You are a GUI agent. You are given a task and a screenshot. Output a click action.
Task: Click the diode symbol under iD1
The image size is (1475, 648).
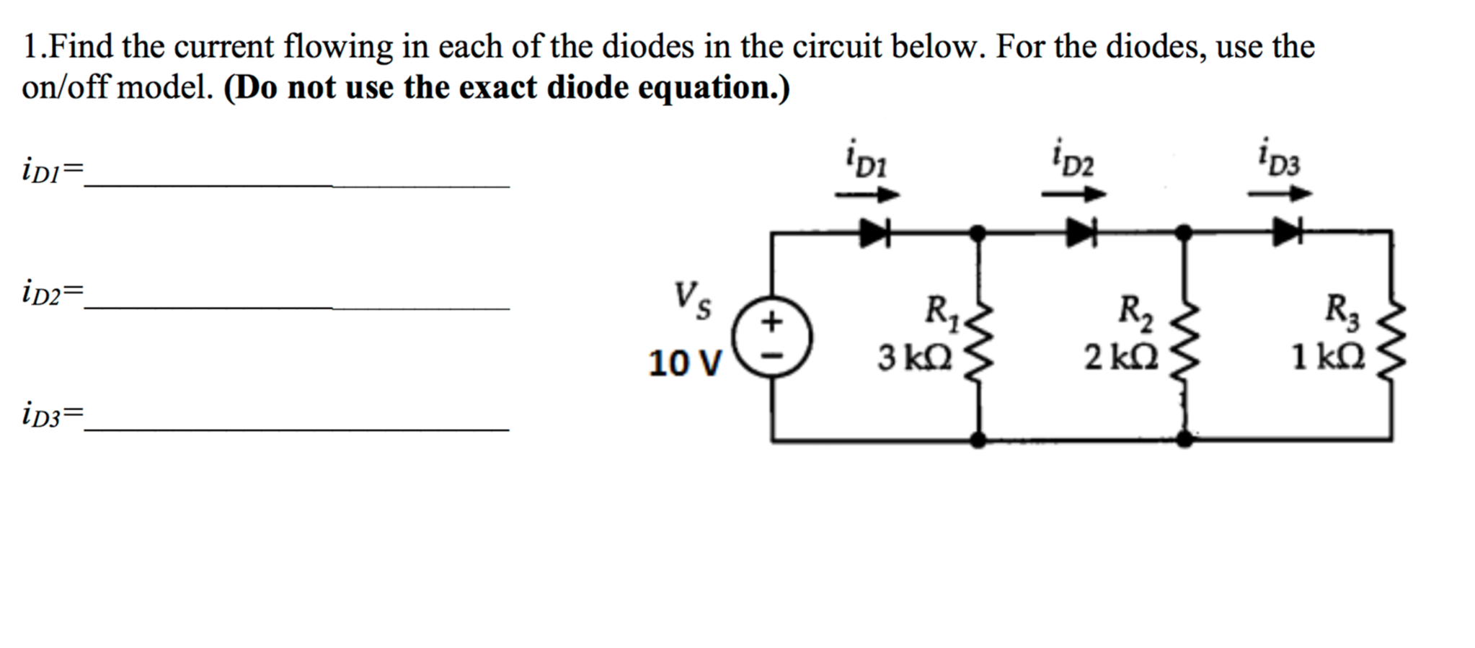874,232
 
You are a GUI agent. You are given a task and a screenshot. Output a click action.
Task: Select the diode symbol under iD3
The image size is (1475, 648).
1287,232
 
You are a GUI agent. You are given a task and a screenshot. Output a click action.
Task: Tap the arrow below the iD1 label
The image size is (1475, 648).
867,195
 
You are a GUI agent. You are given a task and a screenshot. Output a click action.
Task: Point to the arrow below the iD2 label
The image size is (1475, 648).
1073,194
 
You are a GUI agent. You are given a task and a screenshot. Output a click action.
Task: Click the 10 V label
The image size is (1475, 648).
684,363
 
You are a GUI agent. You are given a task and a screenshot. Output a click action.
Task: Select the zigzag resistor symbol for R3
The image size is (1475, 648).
1391,337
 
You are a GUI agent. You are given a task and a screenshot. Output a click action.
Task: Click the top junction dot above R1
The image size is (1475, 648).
978,232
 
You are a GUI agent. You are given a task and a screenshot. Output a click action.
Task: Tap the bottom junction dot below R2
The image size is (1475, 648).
1184,439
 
